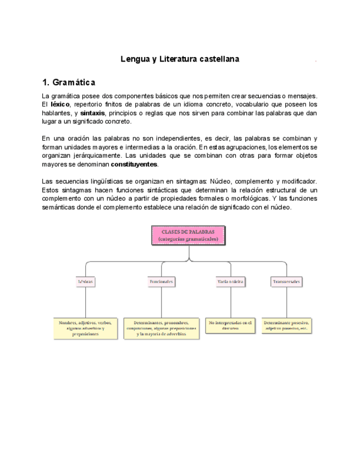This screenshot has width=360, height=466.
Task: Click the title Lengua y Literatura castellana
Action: click(180, 58)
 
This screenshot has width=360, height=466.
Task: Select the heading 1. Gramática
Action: click(69, 82)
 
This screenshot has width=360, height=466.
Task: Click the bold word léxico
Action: click(60, 104)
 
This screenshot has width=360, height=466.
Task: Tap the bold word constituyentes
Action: click(135, 164)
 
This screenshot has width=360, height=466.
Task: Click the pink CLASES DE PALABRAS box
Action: click(188, 235)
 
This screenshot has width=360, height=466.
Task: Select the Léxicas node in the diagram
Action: click(85, 281)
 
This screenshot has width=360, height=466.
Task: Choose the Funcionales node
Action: click(161, 281)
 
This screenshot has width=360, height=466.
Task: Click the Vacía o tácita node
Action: click(231, 281)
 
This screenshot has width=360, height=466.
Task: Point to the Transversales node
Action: click(287, 281)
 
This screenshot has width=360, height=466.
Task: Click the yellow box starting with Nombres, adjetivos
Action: click(85, 328)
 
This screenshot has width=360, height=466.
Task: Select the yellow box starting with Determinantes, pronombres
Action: click(161, 328)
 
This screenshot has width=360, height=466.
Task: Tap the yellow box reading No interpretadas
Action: click(231, 325)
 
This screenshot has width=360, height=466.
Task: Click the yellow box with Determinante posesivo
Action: click(287, 325)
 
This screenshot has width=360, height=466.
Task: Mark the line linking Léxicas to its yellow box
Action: click(85, 302)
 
